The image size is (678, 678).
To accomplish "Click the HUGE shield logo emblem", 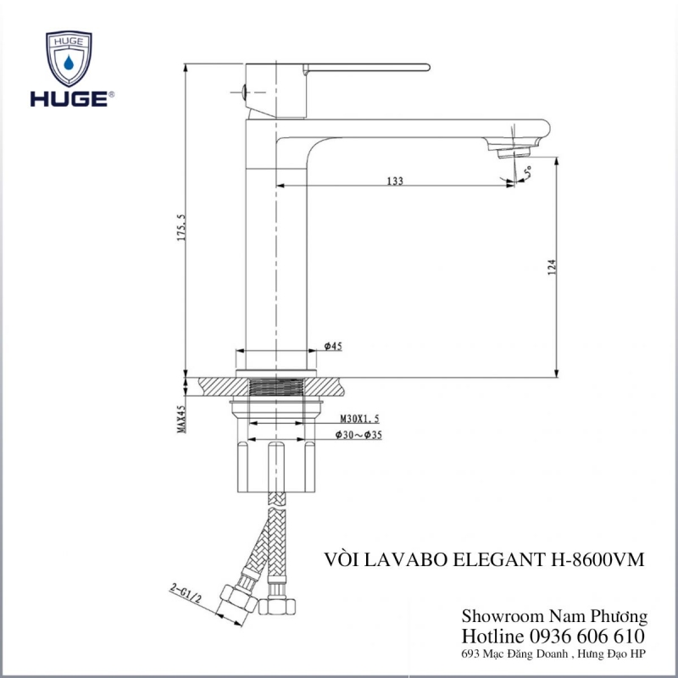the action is point(69,58).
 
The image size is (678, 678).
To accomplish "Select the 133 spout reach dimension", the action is point(395,181).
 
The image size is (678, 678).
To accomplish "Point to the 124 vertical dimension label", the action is point(551,268).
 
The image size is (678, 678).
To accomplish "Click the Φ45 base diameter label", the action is point(333,346).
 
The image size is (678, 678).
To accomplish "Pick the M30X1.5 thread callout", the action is point(359,419).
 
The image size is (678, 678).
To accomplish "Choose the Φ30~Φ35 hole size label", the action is point(358,435).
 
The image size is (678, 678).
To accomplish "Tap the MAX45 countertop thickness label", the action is point(181,419).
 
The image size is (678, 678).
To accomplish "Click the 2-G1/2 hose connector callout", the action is point(186,593).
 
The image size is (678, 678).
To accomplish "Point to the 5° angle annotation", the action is point(527,172).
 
